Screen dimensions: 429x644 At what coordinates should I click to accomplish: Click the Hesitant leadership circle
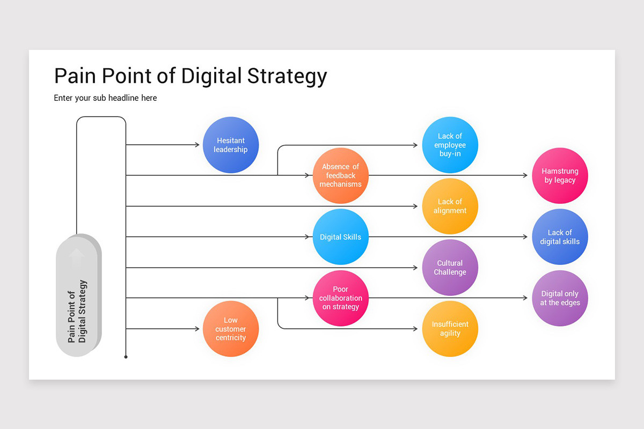coord(231,145)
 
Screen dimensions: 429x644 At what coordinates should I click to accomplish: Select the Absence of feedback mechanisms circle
coord(341,175)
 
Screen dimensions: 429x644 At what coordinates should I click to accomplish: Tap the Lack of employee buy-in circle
coord(450,145)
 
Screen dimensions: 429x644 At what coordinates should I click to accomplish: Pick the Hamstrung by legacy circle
coord(560,176)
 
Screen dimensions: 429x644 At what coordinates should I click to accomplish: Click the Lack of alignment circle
coord(450,206)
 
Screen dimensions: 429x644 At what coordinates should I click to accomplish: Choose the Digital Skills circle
coord(341,237)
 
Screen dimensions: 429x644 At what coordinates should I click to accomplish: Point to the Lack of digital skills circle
coord(560,237)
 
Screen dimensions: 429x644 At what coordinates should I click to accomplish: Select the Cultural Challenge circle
coord(450,268)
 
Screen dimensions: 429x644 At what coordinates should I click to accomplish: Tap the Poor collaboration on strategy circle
coord(341,298)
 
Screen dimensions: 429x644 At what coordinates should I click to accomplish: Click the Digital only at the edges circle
coord(560,298)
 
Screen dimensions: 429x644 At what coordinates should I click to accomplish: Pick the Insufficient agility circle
coord(450,329)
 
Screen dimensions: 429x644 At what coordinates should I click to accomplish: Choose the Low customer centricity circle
coord(231,329)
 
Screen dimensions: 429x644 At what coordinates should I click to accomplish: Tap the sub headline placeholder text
coord(105,98)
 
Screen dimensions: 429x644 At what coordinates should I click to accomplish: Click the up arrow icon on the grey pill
coord(77,257)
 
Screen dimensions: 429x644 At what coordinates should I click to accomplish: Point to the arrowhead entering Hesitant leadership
coord(197,145)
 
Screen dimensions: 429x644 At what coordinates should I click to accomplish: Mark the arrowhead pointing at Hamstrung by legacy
coord(525,175)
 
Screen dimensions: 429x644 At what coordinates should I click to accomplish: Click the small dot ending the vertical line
coord(126,357)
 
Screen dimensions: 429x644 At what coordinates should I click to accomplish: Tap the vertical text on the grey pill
coord(77,311)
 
